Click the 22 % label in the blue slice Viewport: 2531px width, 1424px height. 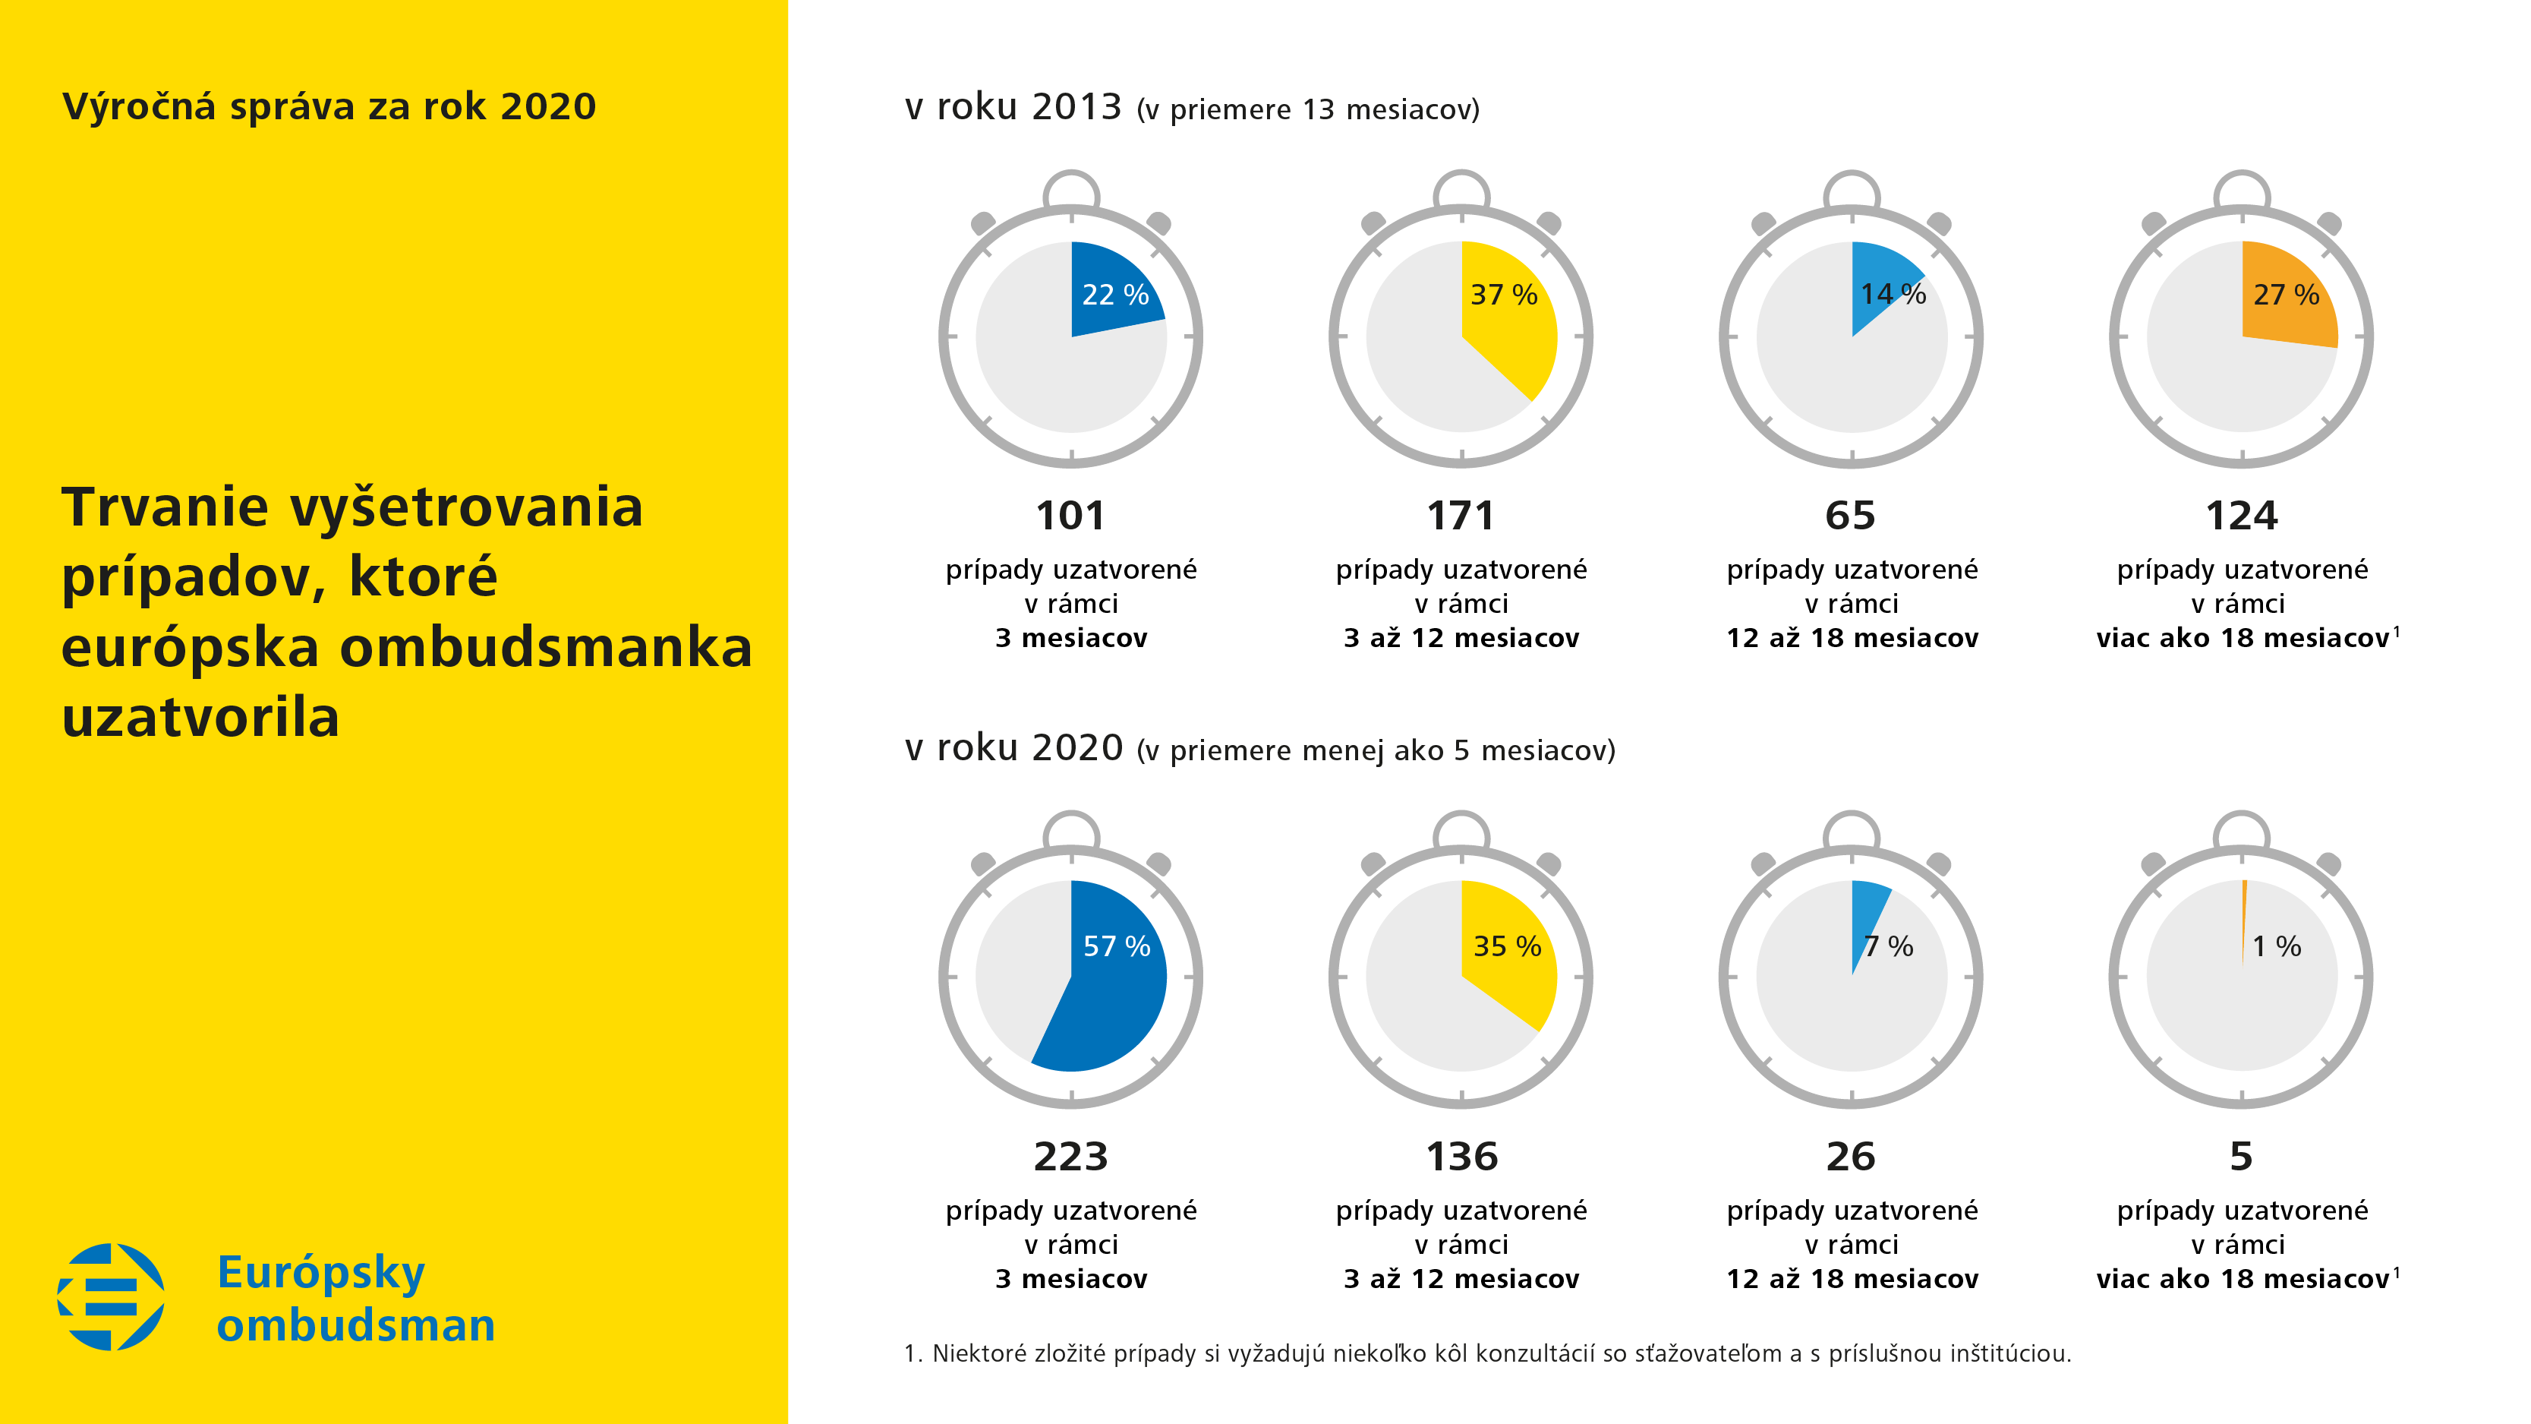[1115, 295]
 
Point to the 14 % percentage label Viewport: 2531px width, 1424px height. [1893, 294]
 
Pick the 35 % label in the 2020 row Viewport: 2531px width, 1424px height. [1506, 946]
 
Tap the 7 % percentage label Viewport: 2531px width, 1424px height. [1889, 946]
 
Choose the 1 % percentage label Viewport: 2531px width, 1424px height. [2277, 946]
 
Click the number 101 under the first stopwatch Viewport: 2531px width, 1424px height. [1070, 516]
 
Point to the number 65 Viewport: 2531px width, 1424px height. [1850, 516]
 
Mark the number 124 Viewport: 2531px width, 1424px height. [2241, 516]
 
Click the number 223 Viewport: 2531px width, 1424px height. [1070, 1157]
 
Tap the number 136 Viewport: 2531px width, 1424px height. [1461, 1157]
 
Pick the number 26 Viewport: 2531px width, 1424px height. [1850, 1157]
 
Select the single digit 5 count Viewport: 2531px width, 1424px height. [2241, 1157]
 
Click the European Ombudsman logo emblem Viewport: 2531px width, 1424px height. [111, 1296]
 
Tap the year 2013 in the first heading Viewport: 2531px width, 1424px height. [1076, 107]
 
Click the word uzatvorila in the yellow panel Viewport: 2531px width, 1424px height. [200, 718]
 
